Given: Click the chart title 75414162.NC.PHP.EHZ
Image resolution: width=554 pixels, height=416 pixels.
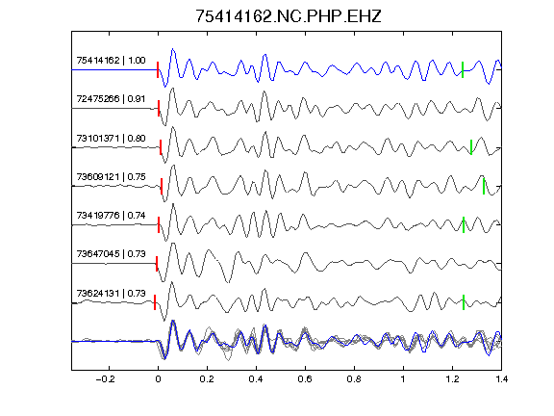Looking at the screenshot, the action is pos(289,16).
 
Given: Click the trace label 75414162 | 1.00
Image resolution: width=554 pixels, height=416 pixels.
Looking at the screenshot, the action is pos(111,61).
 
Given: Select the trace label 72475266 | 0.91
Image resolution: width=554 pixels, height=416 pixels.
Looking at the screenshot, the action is pos(111,98).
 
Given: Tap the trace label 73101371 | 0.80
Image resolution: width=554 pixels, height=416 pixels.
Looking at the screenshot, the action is pos(111,138).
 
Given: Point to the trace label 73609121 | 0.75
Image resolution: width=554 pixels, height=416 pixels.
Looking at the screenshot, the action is pos(111,176).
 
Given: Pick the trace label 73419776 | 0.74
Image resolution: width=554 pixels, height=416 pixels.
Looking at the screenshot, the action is pos(111,215).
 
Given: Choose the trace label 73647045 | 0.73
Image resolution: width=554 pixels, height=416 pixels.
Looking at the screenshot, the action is pos(111,253).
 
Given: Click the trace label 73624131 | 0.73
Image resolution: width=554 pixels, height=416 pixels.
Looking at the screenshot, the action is pos(111,294).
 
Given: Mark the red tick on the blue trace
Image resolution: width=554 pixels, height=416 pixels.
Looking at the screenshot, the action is pos(158,69).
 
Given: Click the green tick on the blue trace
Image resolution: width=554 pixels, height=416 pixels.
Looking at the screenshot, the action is pos(463,69).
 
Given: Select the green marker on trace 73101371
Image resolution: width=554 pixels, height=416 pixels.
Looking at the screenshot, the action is pos(471,147).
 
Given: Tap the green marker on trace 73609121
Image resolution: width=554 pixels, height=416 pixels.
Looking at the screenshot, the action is pos(484,187).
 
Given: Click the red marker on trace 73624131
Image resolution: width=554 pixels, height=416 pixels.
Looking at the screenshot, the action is pos(155,302).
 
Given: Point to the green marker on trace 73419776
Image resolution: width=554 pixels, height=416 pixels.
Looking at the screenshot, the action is pos(464,224).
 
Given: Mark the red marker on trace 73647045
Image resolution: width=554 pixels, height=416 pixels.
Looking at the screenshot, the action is pos(157,264).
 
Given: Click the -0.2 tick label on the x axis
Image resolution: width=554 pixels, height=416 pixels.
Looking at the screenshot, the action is pos(105,379).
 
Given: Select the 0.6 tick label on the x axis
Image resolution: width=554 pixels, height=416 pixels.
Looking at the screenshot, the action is pos(305,379).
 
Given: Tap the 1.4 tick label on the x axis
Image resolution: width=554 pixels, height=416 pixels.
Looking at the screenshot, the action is pos(501,379).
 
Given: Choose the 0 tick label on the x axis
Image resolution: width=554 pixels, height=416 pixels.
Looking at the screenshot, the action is pos(158,379).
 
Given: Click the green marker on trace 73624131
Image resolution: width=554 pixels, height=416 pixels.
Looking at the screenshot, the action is pos(464,302).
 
